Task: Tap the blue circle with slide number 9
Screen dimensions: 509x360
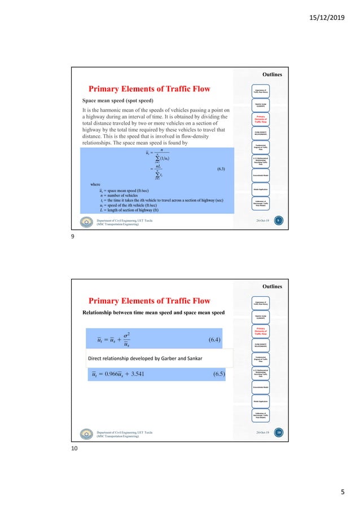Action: click(x=277, y=221)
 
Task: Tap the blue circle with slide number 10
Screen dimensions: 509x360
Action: click(x=277, y=433)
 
